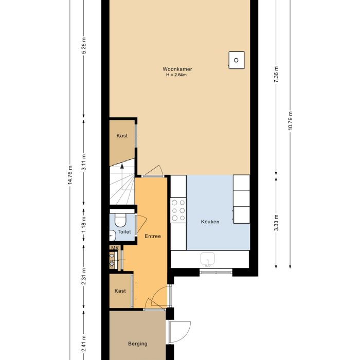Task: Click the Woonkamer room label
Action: pyautogui.click(x=177, y=69)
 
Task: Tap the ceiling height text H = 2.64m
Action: pyautogui.click(x=176, y=75)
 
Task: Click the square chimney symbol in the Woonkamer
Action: pyautogui.click(x=237, y=60)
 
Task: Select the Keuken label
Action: pyautogui.click(x=210, y=222)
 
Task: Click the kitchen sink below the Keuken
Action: pyautogui.click(x=208, y=259)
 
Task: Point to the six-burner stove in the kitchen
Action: pyautogui.click(x=178, y=210)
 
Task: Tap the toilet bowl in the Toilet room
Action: pyautogui.click(x=120, y=220)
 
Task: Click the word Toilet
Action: pyautogui.click(x=124, y=232)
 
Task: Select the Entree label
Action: pyautogui.click(x=153, y=236)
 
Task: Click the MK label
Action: pyautogui.click(x=115, y=248)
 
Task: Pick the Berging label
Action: pyautogui.click(x=137, y=344)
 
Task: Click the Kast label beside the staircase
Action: pyautogui.click(x=122, y=136)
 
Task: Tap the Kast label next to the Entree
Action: pyautogui.click(x=120, y=291)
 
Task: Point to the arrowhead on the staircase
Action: pyautogui.click(x=122, y=166)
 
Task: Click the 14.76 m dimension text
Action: pyautogui.click(x=70, y=174)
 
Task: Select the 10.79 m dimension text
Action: pyautogui.click(x=290, y=121)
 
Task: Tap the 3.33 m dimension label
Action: pyautogui.click(x=276, y=223)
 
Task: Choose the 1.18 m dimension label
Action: pyautogui.click(x=84, y=224)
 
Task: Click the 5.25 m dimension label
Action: pyautogui.click(x=84, y=45)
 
